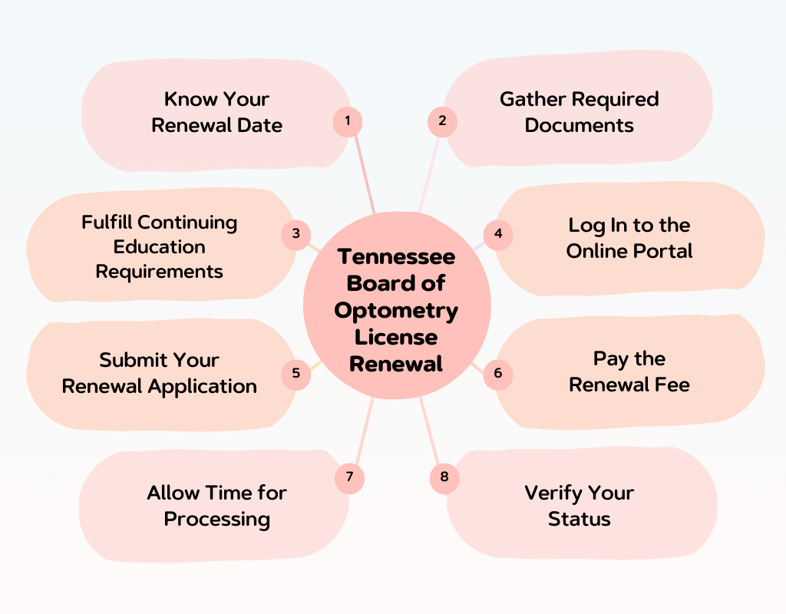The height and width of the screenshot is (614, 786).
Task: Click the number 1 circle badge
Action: coord(348,121)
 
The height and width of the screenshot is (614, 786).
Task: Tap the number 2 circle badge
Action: coord(442,121)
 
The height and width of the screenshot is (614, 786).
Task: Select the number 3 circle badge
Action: coord(296,234)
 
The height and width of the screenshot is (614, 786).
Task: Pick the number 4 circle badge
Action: coord(498,234)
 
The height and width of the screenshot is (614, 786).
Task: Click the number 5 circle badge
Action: coord(296,374)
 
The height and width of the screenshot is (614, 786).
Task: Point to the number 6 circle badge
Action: coord(498,374)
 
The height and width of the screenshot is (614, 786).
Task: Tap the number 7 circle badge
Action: coord(349,477)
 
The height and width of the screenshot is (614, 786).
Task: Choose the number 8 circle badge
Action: coord(444,477)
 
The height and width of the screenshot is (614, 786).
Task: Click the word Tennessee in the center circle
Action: coord(396,256)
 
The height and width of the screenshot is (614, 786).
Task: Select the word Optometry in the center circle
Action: coord(396,310)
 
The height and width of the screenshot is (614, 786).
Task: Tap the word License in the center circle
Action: coord(396,337)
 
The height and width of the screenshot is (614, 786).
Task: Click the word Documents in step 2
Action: coord(579,125)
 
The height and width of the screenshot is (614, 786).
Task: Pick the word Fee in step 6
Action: coord(673,385)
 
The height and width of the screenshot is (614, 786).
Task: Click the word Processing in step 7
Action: coord(216,519)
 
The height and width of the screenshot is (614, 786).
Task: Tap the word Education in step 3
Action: coord(159,247)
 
